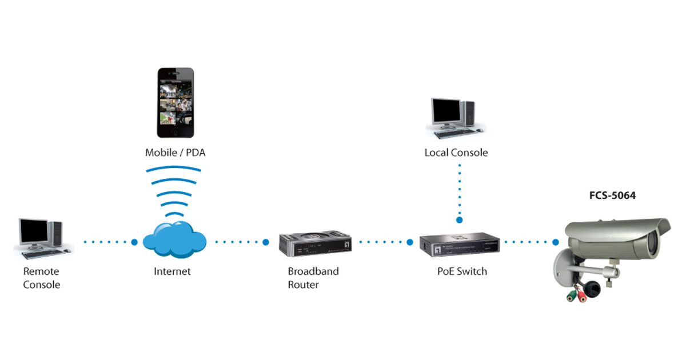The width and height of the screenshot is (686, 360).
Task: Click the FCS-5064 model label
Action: (612, 195)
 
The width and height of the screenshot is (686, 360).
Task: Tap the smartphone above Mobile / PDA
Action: (176, 103)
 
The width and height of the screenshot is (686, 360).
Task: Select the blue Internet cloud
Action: (174, 241)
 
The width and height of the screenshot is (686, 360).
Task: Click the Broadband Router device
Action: (314, 242)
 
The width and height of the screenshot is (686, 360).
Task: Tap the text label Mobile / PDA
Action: (174, 153)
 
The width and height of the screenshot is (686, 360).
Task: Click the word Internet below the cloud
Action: (172, 271)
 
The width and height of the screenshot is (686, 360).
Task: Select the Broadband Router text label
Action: (313, 278)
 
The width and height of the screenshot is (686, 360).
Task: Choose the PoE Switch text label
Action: (462, 271)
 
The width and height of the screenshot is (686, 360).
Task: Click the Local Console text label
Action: (456, 153)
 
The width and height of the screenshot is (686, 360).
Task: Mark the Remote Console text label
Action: (41, 278)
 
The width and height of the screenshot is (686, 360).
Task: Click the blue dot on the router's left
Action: (266, 242)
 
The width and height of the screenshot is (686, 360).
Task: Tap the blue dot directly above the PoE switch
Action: (459, 219)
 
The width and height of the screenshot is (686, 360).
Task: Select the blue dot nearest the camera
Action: (555, 242)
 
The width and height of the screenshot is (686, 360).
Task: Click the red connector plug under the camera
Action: (582, 297)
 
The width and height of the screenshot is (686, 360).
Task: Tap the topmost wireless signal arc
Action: (174, 169)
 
